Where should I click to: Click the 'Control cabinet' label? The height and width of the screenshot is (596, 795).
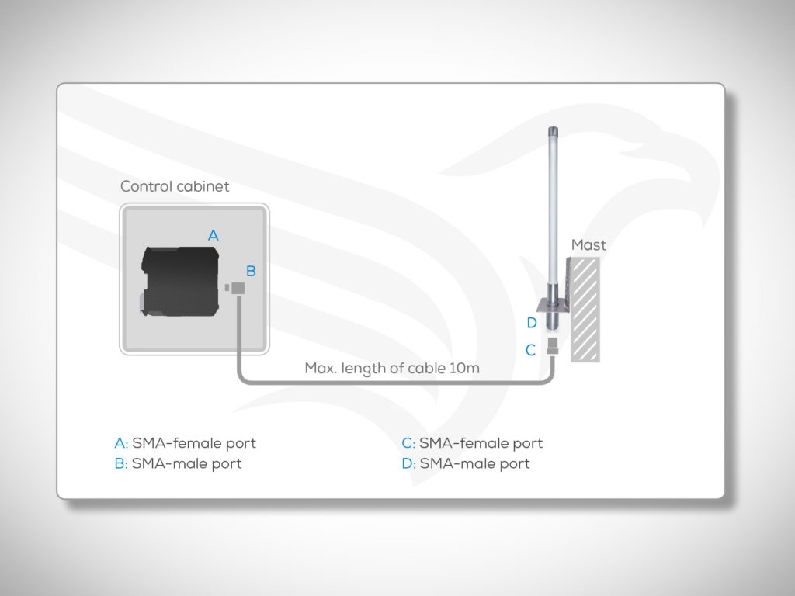175,186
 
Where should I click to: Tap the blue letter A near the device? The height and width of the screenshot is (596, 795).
214,235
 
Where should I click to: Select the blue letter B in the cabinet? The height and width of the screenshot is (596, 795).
251,271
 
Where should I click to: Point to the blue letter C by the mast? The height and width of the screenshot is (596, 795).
530,350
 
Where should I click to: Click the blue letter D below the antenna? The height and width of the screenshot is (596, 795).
531,323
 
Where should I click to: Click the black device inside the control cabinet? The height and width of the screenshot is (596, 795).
180,281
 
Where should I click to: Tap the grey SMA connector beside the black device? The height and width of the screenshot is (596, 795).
235,289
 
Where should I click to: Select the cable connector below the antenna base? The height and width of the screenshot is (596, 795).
553,346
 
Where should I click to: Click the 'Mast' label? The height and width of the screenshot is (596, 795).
588,245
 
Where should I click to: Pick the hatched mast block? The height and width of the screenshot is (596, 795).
585,310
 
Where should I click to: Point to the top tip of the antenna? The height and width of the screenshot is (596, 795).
553,128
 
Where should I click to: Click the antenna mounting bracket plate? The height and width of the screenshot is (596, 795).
553,306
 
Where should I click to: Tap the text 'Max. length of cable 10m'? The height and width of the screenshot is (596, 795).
392,369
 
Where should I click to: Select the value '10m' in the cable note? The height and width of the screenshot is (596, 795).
464,368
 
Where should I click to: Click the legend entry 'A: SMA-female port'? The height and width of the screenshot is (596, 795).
185,443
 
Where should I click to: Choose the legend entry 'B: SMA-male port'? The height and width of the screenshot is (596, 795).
178,464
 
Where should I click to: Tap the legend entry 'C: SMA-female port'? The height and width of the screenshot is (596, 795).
472,443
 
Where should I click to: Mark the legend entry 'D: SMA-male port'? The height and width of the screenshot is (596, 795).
466,464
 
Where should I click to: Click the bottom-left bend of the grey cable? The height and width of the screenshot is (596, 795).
243,379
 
